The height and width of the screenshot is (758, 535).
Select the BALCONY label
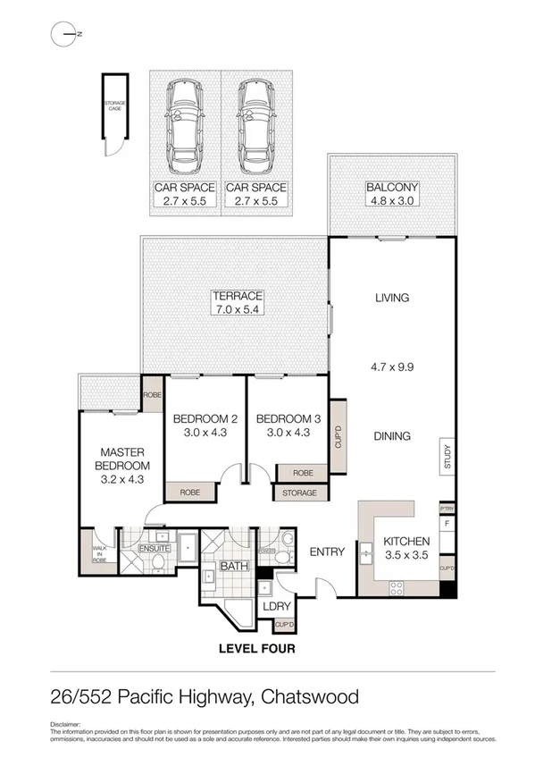click(392, 188)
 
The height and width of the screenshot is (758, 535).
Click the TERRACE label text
click(236, 296)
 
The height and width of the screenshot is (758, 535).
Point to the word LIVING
click(391, 298)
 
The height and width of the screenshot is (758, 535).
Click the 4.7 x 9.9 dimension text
click(391, 366)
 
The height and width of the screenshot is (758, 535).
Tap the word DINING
click(391, 436)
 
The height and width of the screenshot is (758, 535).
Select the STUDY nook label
click(447, 457)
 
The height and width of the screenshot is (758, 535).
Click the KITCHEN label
click(407, 542)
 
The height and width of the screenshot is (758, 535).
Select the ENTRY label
click(327, 552)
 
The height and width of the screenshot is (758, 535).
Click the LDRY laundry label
click(273, 606)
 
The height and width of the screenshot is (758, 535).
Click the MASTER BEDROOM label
click(121, 459)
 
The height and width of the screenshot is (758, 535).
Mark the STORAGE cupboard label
click(298, 493)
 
